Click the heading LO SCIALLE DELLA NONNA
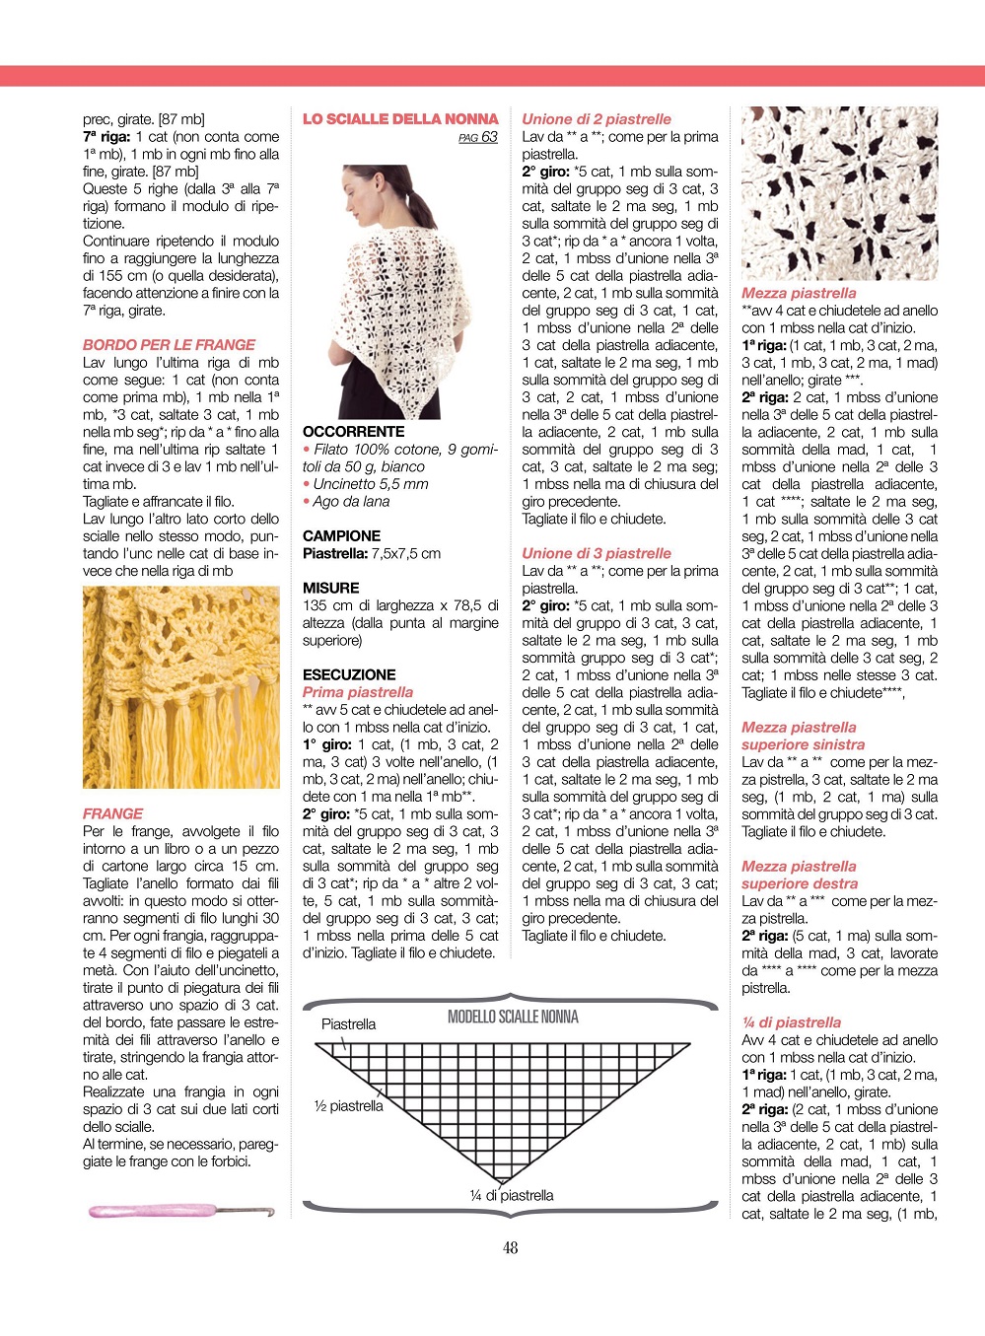pos(400,119)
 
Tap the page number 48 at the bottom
pos(510,1248)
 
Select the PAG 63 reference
pos(478,137)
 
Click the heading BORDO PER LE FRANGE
pos(169,345)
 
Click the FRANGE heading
pos(112,814)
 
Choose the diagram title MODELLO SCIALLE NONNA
pos(513,1017)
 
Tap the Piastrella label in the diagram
pos(348,1024)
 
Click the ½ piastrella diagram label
pos(348,1106)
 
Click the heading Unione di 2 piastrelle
pos(597,119)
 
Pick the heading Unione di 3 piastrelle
pos(597,553)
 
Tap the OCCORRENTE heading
pos(353,432)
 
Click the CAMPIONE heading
pos(341,536)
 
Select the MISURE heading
pos(330,589)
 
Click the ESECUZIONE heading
pos(349,675)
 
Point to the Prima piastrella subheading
pos(358,692)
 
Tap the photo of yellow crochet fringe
pos(180,687)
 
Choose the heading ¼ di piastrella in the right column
pos(791,1023)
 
